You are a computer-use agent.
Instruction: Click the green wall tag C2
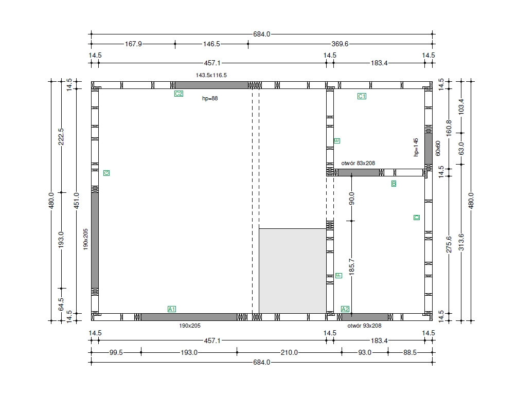point(179,94)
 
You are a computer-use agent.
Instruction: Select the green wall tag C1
point(362,96)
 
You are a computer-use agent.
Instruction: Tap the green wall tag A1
point(172,309)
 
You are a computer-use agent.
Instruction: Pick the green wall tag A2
point(345,309)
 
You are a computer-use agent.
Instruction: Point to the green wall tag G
point(106,173)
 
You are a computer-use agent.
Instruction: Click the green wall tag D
point(417,218)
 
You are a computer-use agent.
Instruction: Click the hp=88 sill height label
point(210,98)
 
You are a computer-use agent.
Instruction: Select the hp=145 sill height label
point(416,147)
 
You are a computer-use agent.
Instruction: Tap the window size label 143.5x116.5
point(211,75)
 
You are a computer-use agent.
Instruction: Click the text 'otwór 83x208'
point(358,163)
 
